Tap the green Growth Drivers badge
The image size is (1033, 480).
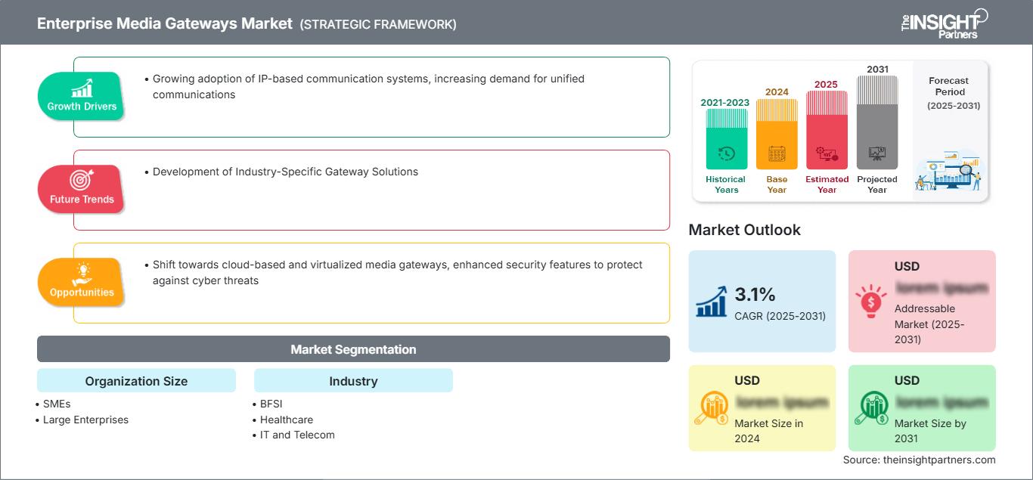tap(82, 95)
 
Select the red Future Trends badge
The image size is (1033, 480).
tap(82, 188)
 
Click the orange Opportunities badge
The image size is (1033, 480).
tap(82, 281)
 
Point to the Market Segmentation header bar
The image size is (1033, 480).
tap(353, 349)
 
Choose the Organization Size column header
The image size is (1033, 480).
tap(136, 381)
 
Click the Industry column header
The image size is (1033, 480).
tap(353, 381)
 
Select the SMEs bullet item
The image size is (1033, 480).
tap(56, 404)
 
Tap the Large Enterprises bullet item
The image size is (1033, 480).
tap(85, 420)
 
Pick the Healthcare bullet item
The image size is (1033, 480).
tap(286, 420)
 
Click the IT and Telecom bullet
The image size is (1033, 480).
tap(296, 435)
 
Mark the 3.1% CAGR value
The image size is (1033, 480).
tap(755, 295)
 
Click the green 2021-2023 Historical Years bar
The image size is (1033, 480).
tap(726, 140)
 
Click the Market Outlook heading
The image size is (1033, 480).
tap(744, 230)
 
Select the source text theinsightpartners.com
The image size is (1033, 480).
tap(919, 460)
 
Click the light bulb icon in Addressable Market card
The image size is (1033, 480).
tap(871, 301)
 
